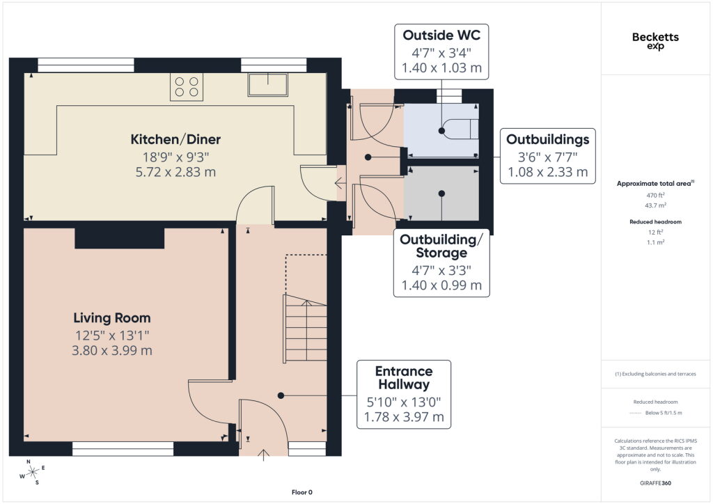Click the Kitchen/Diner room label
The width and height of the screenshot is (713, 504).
pyautogui.click(x=175, y=139)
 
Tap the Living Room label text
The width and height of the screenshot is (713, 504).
pyautogui.click(x=112, y=318)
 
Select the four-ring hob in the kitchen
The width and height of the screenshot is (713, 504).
pyautogui.click(x=187, y=87)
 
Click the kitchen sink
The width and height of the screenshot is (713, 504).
pyautogui.click(x=268, y=84)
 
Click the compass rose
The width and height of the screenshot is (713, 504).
pyautogui.click(x=32, y=473)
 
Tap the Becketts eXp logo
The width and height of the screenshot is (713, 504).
pyautogui.click(x=655, y=41)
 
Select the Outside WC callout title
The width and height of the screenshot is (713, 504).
pyautogui.click(x=441, y=36)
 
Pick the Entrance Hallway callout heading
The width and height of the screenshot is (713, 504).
pyautogui.click(x=404, y=378)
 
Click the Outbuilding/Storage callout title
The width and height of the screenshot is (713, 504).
pyautogui.click(x=441, y=246)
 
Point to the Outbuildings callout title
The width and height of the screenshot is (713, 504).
pyautogui.click(x=547, y=139)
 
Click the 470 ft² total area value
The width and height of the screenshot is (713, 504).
pyautogui.click(x=655, y=195)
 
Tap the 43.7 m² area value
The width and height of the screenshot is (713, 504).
pyautogui.click(x=655, y=205)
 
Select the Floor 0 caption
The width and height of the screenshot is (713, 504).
pyautogui.click(x=302, y=492)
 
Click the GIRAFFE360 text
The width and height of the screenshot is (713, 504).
pyautogui.click(x=655, y=483)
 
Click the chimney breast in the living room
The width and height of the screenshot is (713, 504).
pyautogui.click(x=119, y=237)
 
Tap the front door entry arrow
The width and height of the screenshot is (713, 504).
pyautogui.click(x=264, y=455)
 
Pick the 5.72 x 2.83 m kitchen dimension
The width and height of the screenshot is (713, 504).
pyautogui.click(x=175, y=172)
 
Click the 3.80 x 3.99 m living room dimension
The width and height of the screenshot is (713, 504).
pyautogui.click(x=112, y=351)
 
